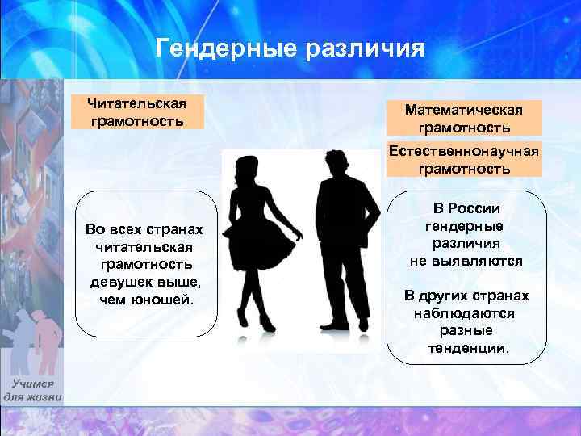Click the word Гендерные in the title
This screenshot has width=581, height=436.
click(x=226, y=49)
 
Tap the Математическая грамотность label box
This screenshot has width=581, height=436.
click(x=464, y=118)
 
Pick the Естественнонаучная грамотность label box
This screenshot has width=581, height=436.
click(x=464, y=160)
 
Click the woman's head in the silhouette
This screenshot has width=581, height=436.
click(x=245, y=169)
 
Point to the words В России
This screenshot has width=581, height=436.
click(x=472, y=208)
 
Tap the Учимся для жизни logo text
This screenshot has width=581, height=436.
click(x=32, y=390)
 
